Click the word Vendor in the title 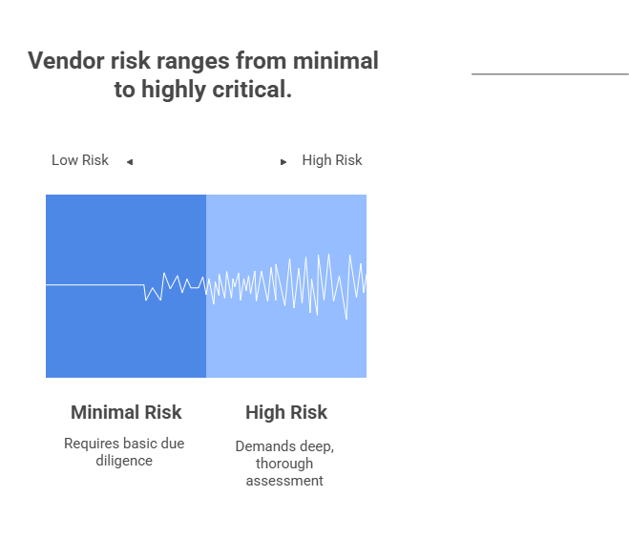tap(67, 60)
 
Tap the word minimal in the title tap(335, 60)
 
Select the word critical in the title tap(252, 89)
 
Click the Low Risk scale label tap(80, 160)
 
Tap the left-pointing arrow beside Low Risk tap(130, 162)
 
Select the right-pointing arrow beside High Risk tap(283, 162)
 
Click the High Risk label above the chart tap(332, 160)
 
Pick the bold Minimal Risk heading tap(126, 412)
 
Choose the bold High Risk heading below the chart tap(286, 412)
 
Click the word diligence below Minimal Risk tap(124, 461)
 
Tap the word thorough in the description tap(284, 464)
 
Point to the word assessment tap(284, 480)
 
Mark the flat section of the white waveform tap(95, 284)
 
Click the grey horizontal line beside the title tap(550, 73)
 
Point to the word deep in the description tap(316, 446)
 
